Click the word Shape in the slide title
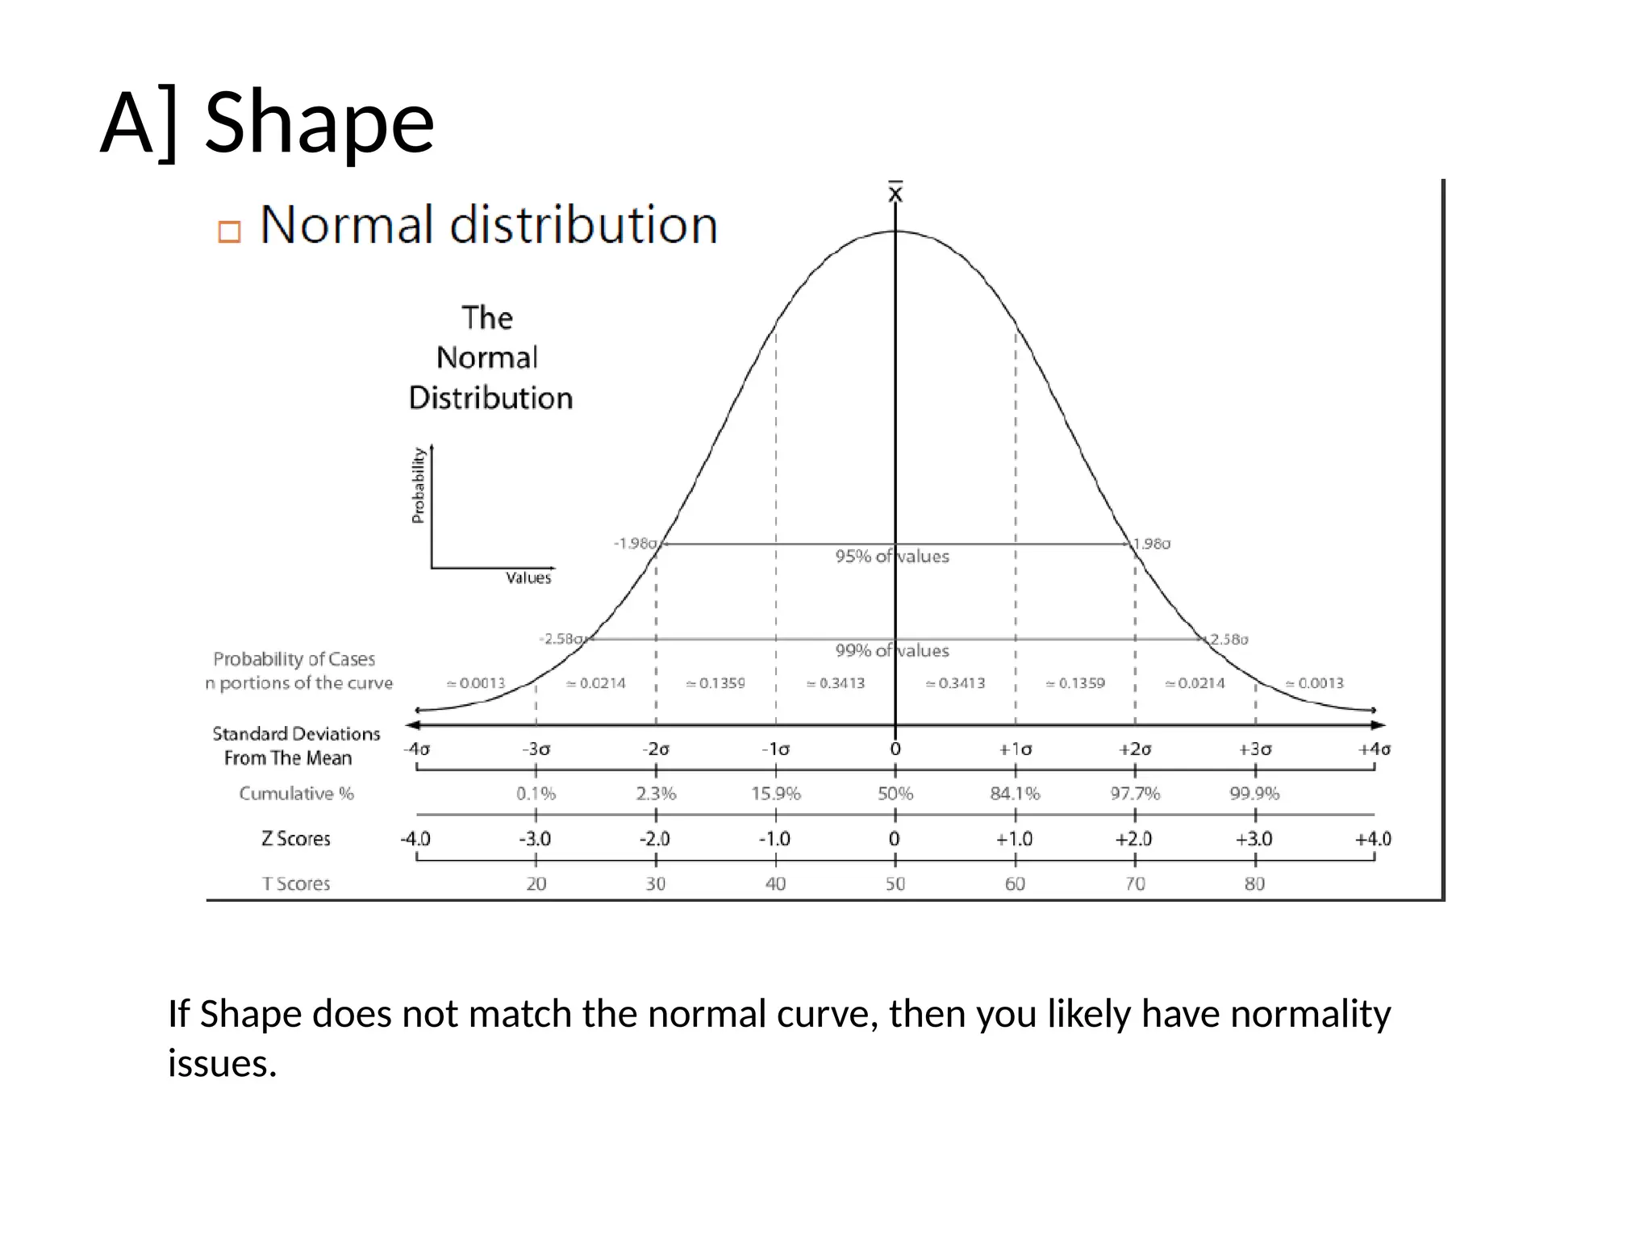tap(319, 123)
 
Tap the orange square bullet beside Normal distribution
tap(229, 232)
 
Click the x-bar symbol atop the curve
tap(895, 193)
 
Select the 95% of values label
tap(892, 557)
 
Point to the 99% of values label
tap(892, 651)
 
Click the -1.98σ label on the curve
tap(636, 544)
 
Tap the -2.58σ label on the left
tap(562, 639)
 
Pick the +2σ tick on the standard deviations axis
tap(1135, 749)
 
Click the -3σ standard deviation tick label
tap(536, 749)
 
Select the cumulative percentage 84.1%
tap(1015, 794)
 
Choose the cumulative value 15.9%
tap(775, 794)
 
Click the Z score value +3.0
tap(1254, 839)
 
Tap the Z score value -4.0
tap(415, 839)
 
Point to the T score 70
tap(1135, 884)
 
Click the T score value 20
tap(536, 884)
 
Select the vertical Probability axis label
tap(418, 486)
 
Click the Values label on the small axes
tap(528, 578)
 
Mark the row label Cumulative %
tap(296, 794)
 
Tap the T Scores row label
tap(296, 884)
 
